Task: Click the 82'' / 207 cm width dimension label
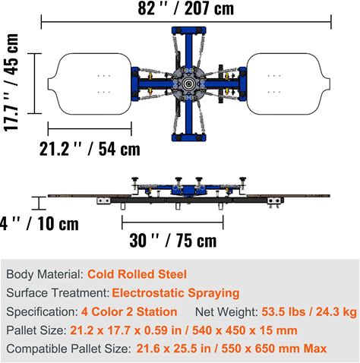point(186,8)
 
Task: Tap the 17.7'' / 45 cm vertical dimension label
point(11,82)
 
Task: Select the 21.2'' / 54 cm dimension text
point(90,149)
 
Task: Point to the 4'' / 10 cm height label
point(39,224)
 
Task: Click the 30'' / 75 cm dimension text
point(173,240)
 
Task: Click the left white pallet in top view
point(90,84)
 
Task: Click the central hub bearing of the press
point(188,84)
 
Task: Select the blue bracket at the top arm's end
point(188,30)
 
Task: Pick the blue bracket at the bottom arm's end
point(188,137)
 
